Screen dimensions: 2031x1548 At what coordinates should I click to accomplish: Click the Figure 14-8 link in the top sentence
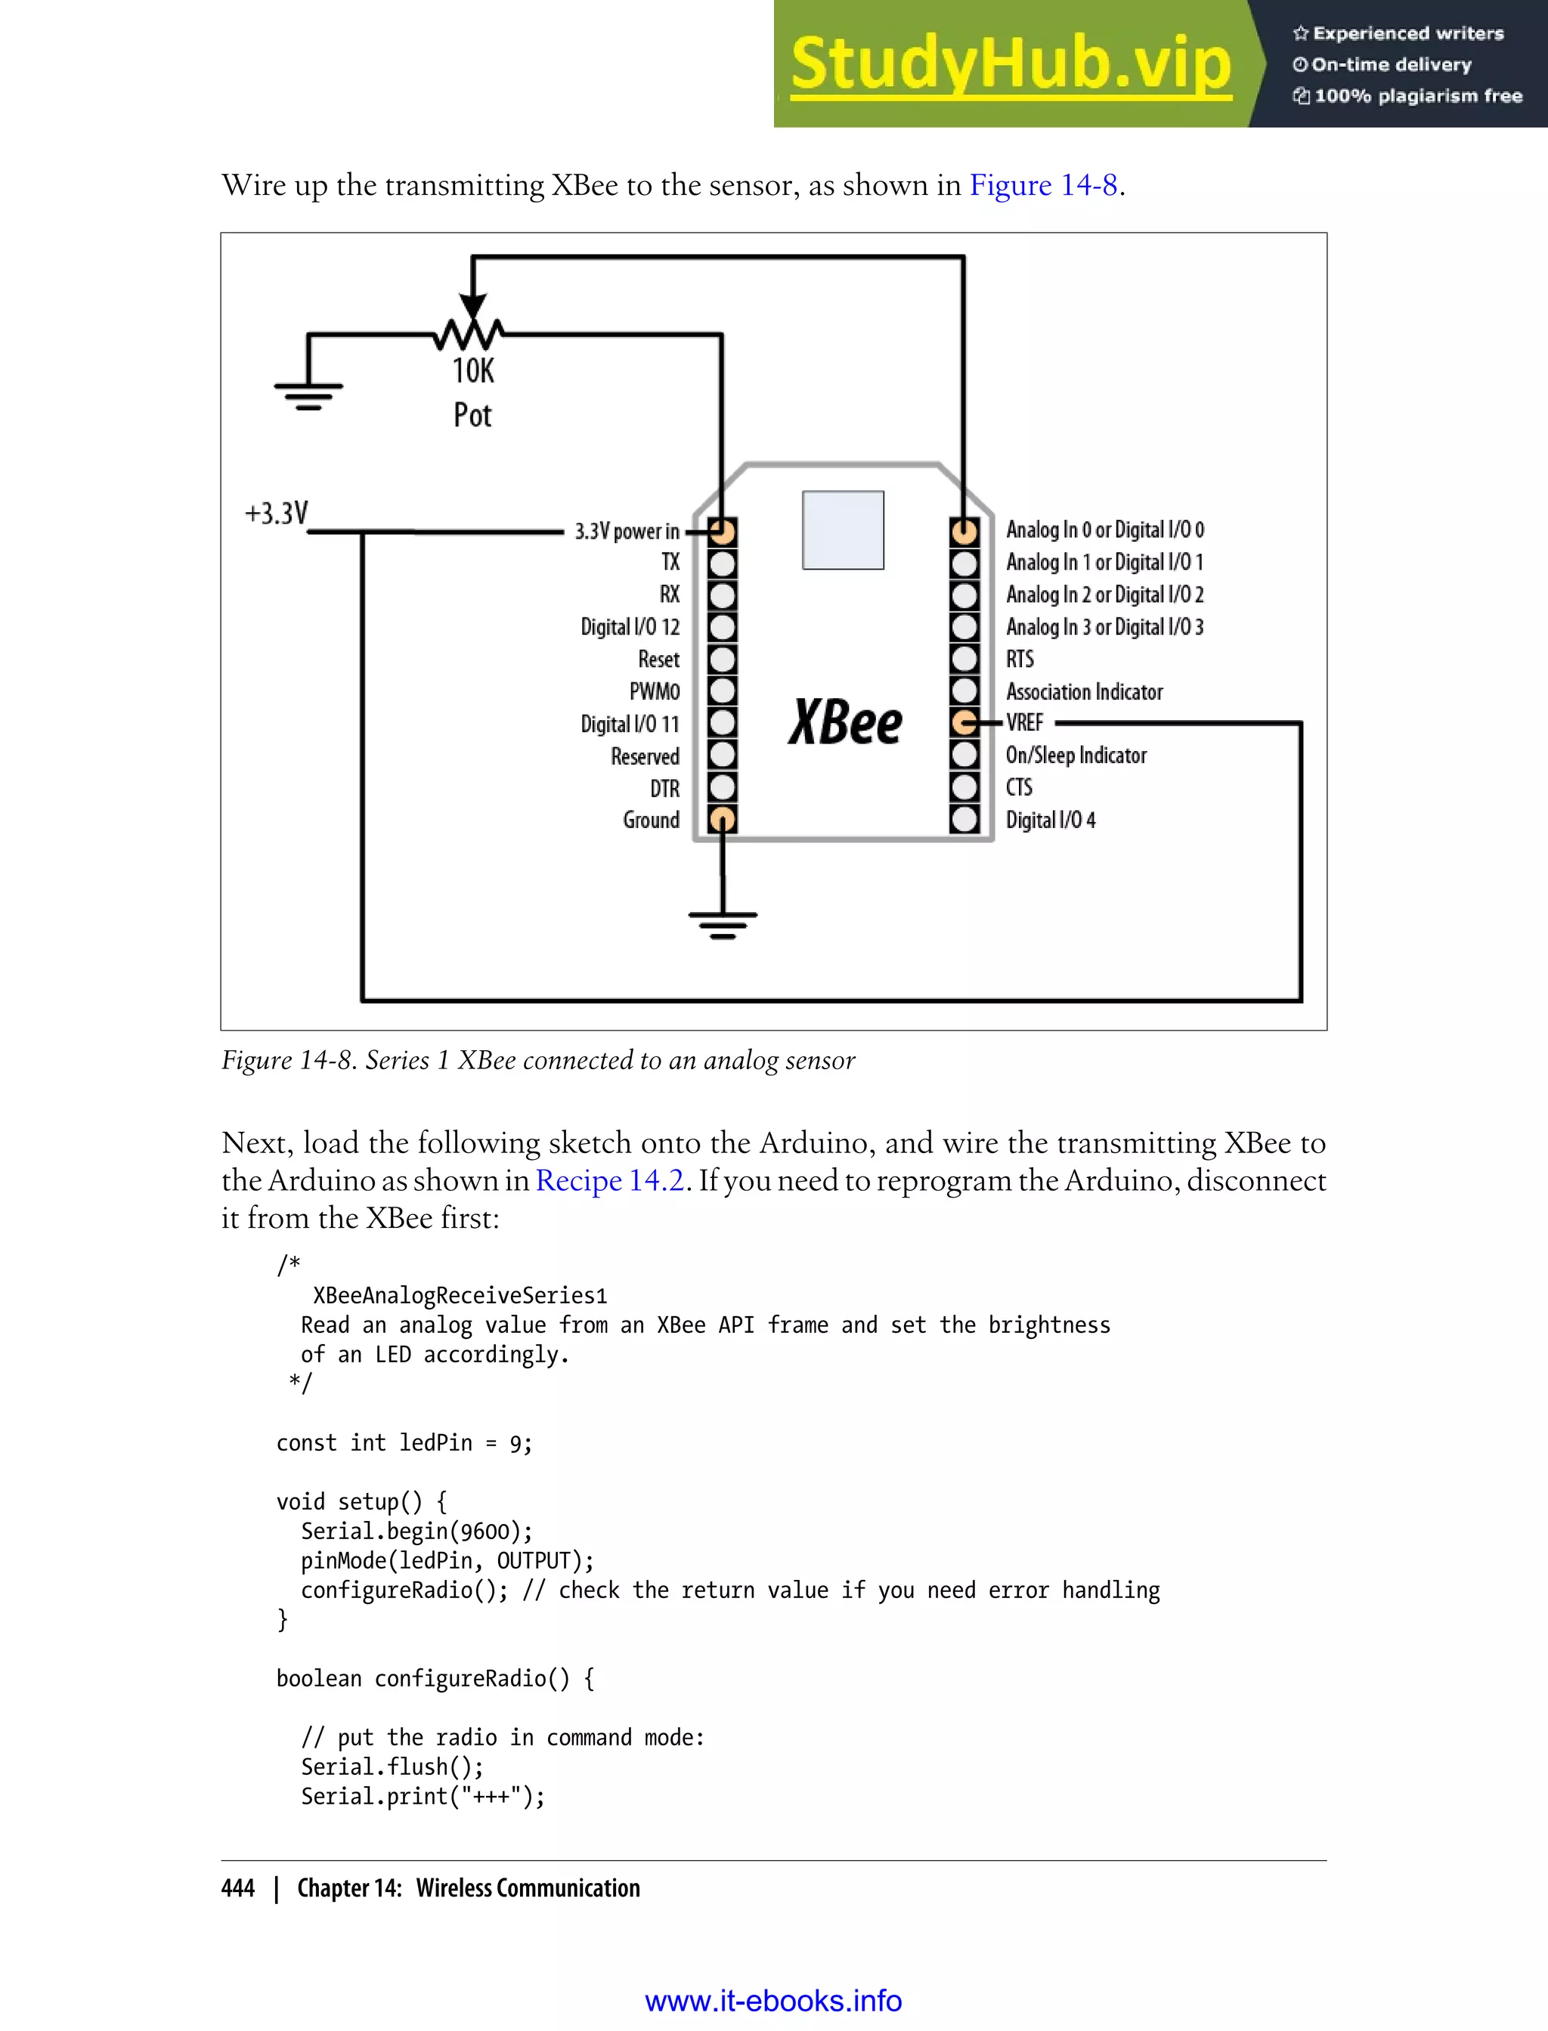point(1043,185)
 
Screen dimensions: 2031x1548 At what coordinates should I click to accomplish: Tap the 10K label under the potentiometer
point(472,370)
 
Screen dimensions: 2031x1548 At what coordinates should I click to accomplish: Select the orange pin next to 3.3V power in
point(723,531)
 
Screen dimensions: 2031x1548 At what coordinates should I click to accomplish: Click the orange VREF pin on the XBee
point(964,723)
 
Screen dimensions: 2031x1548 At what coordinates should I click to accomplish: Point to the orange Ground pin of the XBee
point(723,819)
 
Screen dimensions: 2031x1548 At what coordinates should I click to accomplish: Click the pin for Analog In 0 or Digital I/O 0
point(964,531)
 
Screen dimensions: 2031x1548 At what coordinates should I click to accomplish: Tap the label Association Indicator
point(1084,692)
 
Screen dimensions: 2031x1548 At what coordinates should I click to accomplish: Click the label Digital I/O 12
point(630,627)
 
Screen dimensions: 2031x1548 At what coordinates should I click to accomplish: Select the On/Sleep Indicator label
point(1076,756)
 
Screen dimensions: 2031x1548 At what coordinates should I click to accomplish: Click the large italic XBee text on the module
point(845,722)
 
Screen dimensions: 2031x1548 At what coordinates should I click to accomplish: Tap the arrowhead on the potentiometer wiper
point(472,307)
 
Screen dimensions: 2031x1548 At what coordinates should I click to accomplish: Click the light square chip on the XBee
point(842,530)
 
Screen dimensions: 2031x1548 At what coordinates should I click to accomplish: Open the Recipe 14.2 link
point(610,1181)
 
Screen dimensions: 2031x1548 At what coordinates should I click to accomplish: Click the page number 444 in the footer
point(238,1888)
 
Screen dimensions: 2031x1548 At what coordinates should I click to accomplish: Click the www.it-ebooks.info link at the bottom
point(773,2001)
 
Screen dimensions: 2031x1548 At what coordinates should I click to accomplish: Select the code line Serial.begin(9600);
point(416,1531)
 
